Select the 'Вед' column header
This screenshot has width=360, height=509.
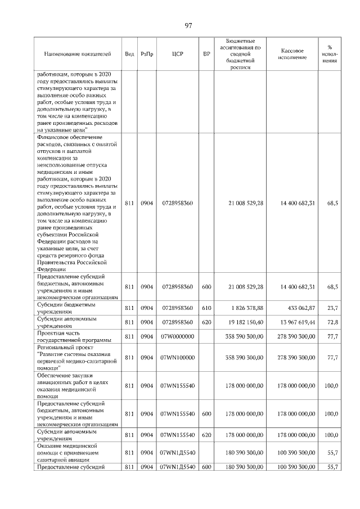(x=129, y=54)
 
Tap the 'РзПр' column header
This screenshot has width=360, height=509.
(x=147, y=54)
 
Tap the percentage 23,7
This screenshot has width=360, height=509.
(x=332, y=308)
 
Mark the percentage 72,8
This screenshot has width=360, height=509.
(x=332, y=322)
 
